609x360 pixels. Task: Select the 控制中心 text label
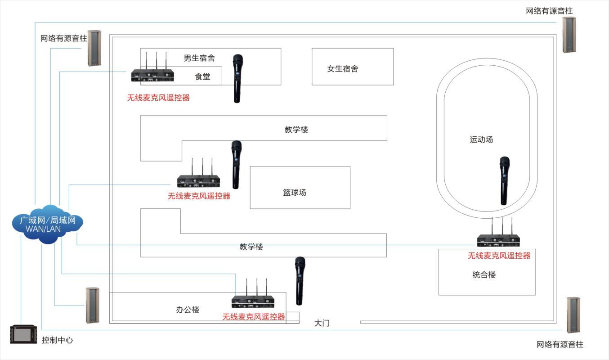pos(57,340)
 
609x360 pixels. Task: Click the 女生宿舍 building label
pos(343,69)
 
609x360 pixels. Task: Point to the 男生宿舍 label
pos(199,58)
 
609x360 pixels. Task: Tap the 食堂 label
pos(202,76)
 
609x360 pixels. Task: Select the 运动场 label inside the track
pos(481,139)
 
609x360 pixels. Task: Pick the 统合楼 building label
pos(484,274)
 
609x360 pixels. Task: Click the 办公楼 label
pos(188,310)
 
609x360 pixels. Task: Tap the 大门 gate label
pos(322,323)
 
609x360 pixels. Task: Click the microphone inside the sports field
pos(504,180)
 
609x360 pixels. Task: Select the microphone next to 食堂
pos(237,78)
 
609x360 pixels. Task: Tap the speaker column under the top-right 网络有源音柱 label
pos(569,35)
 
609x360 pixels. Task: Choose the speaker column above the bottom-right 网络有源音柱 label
pos(573,315)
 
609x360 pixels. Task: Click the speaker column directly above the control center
pos(93,306)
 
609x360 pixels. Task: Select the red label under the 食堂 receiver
pos(158,97)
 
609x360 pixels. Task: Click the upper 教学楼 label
pos(296,130)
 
